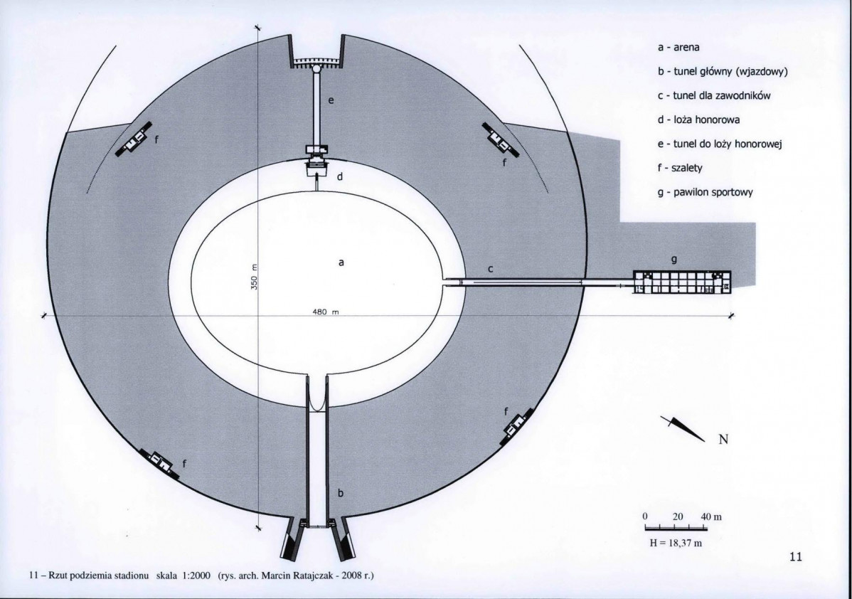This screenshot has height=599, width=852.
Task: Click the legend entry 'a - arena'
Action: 678,47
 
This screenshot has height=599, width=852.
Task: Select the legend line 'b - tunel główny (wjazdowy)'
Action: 723,72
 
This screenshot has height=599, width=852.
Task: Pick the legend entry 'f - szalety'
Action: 681,168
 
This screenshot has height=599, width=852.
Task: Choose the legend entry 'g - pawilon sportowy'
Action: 705,192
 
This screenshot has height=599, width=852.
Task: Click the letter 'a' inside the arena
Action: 341,263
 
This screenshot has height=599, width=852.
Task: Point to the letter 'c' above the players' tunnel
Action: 491,269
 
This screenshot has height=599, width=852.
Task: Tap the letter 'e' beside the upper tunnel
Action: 331,100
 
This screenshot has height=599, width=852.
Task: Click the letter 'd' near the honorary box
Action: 340,176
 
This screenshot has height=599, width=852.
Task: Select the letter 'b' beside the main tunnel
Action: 341,493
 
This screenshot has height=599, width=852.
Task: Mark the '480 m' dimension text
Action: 326,312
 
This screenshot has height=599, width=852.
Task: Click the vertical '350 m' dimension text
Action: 253,277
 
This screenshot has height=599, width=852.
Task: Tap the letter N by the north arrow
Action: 723,439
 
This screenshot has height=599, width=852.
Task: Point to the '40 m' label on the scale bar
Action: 711,516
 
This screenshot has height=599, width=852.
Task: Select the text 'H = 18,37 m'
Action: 676,543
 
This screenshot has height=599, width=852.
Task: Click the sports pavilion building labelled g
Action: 682,282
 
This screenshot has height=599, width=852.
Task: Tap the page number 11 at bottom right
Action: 796,556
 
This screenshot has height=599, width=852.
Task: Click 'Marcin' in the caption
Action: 275,576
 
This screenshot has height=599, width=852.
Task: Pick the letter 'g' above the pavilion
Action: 674,260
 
